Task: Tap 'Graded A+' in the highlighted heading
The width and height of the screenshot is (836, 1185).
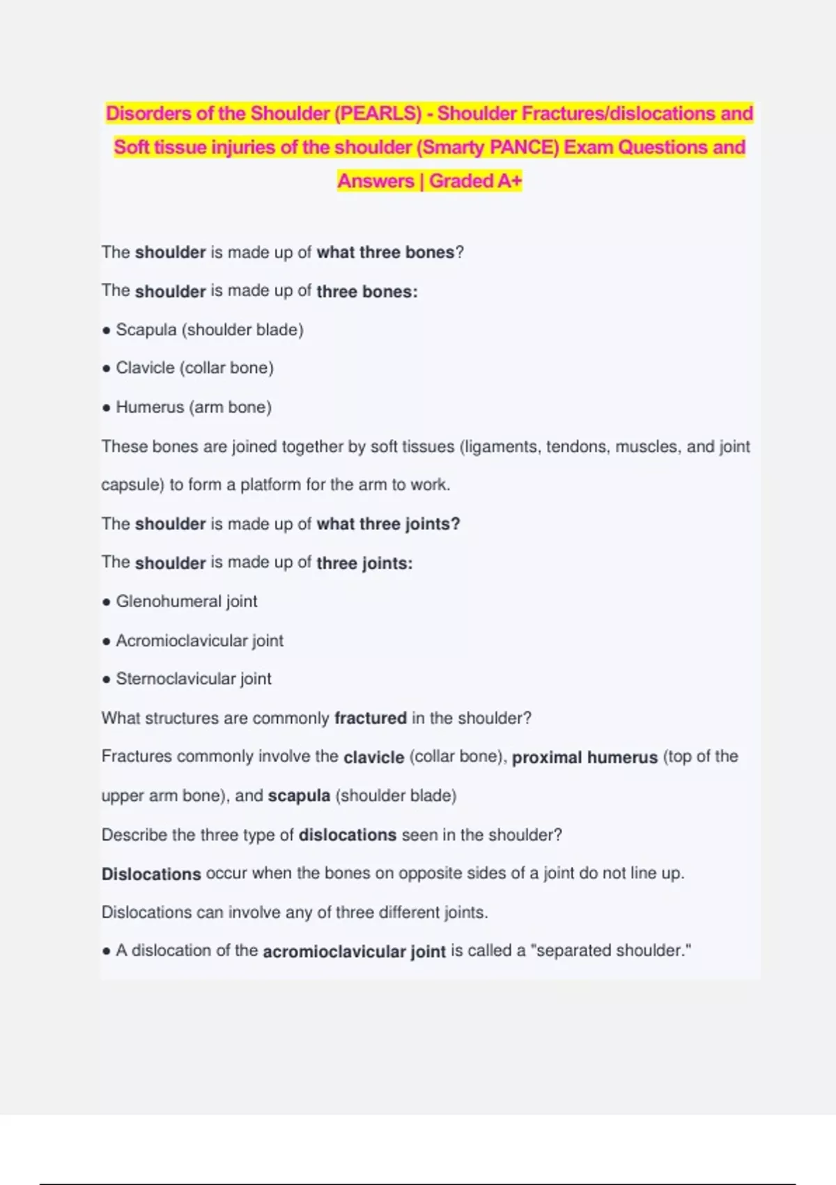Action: [475, 181]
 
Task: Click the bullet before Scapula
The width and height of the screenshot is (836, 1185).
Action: [106, 330]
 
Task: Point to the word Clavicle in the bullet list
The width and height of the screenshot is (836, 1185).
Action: [145, 368]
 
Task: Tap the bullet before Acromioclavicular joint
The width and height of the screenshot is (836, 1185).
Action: [106, 641]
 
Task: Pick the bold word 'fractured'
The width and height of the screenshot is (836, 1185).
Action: [370, 718]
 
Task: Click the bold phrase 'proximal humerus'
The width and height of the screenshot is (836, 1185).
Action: [585, 757]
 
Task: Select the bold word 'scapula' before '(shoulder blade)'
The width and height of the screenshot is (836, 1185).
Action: [299, 796]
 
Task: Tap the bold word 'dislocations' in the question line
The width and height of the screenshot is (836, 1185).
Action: [347, 835]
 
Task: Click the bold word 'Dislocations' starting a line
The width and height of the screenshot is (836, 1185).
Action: [151, 874]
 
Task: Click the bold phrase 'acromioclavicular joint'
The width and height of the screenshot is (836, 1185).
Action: [354, 951]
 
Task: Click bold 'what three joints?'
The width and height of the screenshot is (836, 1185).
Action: [388, 524]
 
